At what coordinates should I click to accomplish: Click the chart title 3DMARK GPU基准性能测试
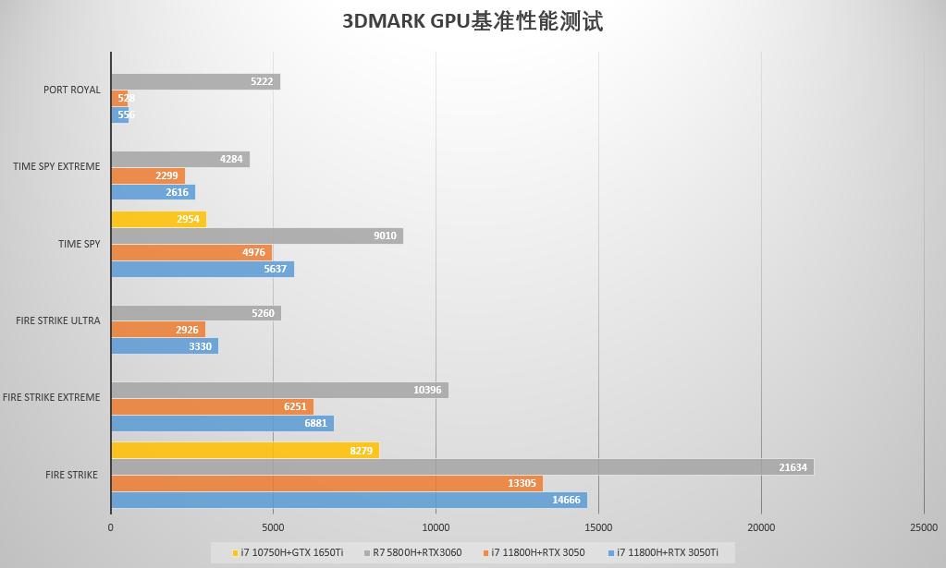point(473,21)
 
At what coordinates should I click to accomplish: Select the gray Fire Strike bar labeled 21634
point(461,467)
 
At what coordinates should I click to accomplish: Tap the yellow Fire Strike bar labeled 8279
point(244,451)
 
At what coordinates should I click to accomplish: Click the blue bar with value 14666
point(349,501)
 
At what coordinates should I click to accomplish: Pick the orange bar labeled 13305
point(326,484)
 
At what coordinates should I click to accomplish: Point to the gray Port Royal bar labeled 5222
point(195,81)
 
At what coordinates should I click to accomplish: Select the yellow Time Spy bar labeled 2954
point(158,219)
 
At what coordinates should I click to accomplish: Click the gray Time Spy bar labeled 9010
point(256,236)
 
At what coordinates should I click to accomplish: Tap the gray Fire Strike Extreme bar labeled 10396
point(279,390)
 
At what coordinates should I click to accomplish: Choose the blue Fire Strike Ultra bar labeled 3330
point(165,346)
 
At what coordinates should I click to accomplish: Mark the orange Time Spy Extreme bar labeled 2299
point(148,175)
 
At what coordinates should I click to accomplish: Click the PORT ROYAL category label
point(71,90)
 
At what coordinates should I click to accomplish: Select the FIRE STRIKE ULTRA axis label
point(57,320)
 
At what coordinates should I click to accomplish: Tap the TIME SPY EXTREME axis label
point(56,166)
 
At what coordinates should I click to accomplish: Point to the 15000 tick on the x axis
point(598,527)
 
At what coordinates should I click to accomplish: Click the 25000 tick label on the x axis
point(923,527)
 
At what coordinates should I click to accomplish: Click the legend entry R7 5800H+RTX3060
point(414,552)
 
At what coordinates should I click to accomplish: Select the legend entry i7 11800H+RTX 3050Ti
point(667,552)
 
